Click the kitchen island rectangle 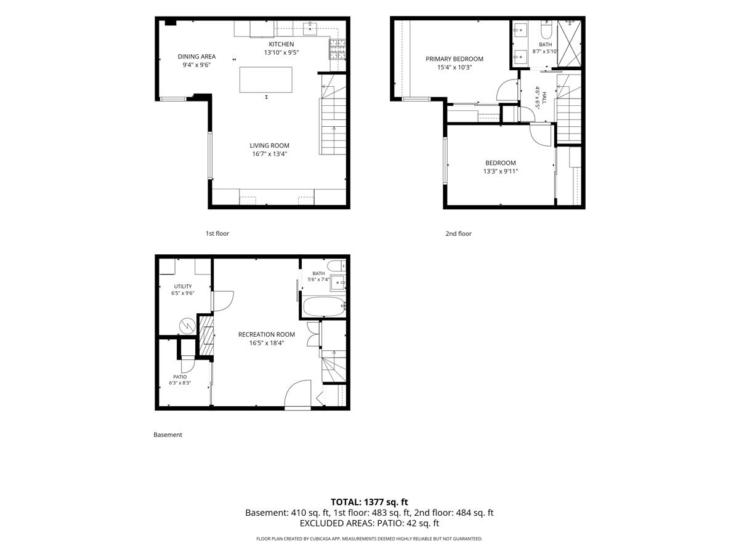tap(265, 80)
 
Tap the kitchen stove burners tap(337, 49)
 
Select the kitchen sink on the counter tap(310, 28)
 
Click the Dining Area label tap(196, 57)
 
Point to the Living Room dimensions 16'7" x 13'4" tap(269, 154)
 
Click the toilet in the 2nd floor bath tap(546, 30)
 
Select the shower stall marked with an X tap(569, 43)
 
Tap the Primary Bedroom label tap(454, 59)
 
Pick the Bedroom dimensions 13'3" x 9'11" tap(500, 171)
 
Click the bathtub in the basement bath tap(324, 307)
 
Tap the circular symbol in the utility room tap(187, 326)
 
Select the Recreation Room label tap(266, 334)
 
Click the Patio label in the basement tap(180, 377)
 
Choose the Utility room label tap(183, 287)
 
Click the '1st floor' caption tap(217, 233)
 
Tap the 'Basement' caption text tap(168, 435)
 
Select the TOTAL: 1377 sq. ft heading tap(369, 502)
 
